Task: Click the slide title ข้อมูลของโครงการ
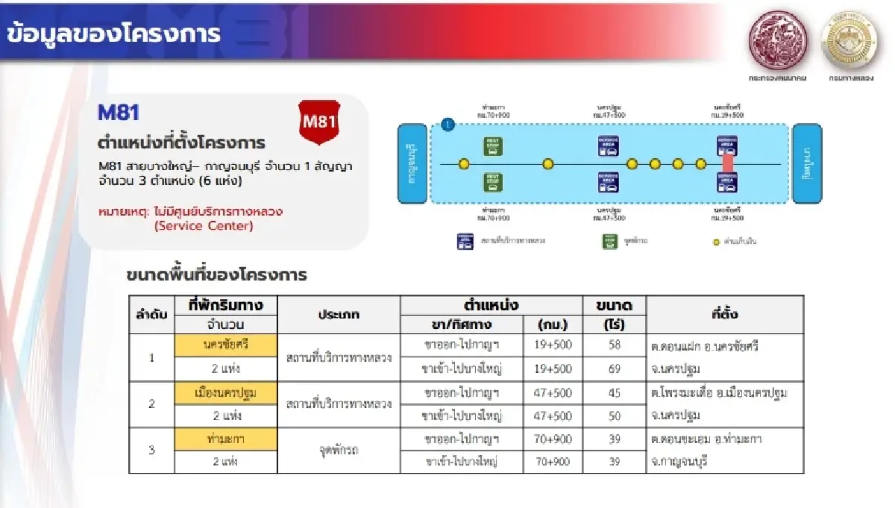113,34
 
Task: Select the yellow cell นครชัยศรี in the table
225,346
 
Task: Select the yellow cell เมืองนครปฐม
225,393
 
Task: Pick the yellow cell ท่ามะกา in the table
225,439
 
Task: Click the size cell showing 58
614,346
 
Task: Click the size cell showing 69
614,369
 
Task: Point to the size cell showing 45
614,393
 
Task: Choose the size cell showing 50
614,416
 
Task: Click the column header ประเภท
339,315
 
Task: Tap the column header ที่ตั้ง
724,315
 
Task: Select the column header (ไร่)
614,325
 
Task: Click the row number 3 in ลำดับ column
152,450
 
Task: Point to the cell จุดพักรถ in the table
339,450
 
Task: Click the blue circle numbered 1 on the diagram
447,125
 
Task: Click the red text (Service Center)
203,226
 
